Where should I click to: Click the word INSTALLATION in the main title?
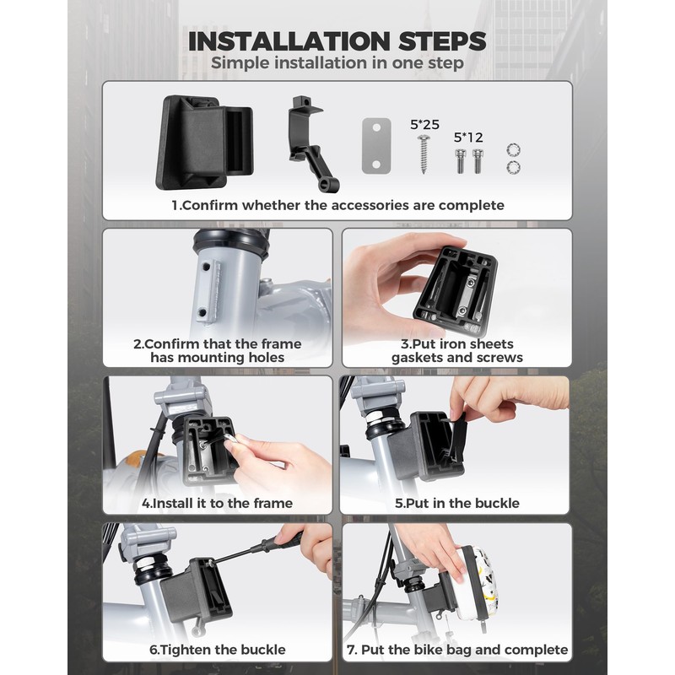pos(289,41)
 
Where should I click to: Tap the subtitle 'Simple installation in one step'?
pos(337,62)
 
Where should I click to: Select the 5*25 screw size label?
pos(424,124)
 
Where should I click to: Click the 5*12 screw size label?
pos(468,138)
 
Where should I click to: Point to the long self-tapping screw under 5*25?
pos(424,154)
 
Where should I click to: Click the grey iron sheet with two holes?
pos(376,146)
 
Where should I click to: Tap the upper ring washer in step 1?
pos(513,150)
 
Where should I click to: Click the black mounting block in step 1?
pos(204,142)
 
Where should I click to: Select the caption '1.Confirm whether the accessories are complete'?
pos(337,205)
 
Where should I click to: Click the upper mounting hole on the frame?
pos(207,267)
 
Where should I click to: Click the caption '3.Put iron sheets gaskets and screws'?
pos(456,350)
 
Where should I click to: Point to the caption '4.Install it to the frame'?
pos(218,503)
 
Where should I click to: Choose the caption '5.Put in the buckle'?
pos(456,503)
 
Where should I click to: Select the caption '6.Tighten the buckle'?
pos(218,649)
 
